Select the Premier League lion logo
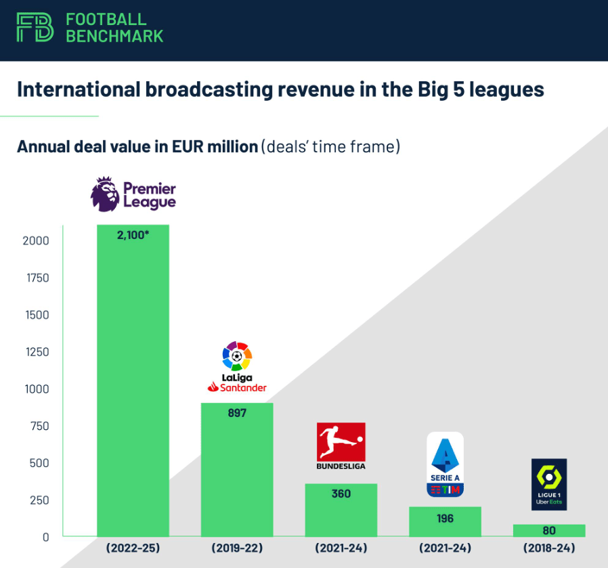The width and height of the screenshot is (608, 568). pos(105,194)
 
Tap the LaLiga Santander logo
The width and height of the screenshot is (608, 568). pos(237,368)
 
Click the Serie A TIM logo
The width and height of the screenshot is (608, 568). pos(445,464)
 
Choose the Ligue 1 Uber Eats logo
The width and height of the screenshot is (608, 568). pos(549,484)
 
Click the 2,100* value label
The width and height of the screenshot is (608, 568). pos(133,235)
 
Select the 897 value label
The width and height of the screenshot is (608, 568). pos(237,412)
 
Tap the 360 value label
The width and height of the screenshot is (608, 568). pos(341,494)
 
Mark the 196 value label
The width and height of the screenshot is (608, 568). pos(445,519)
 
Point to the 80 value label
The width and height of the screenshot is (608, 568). pos(549,531)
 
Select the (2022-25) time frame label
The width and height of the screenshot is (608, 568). pos(133,547)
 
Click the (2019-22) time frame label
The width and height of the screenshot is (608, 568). pos(237,547)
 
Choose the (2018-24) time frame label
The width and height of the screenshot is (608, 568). pos(549,547)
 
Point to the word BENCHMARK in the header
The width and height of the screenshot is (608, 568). pos(114,36)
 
